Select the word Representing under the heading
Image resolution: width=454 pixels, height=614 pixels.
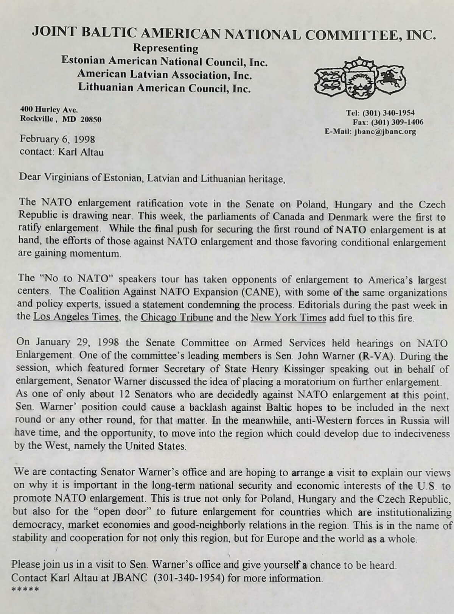coord(166,48)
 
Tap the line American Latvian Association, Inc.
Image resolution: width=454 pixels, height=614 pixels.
coord(165,75)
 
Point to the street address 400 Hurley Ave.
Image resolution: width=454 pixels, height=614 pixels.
coord(49,110)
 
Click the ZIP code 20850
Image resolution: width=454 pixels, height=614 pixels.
coord(91,120)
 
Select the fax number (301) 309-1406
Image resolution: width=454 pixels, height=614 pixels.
coord(397,122)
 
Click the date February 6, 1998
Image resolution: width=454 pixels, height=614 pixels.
coord(58,139)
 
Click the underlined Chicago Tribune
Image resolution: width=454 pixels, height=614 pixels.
coord(177,317)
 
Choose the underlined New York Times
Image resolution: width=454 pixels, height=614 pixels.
coord(288,317)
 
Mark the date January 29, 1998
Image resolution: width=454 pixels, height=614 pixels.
coord(77,343)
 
